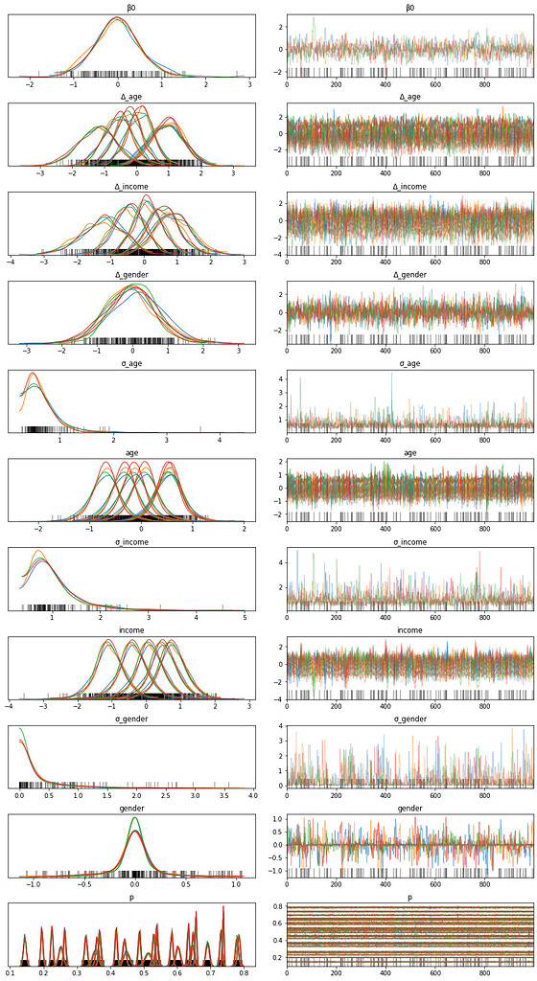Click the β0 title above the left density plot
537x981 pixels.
pyautogui.click(x=131, y=7)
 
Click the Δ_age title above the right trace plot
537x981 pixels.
pyautogui.click(x=410, y=96)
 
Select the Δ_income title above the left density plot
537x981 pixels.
pyautogui.click(x=131, y=185)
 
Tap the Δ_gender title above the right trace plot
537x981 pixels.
pyautogui.click(x=410, y=274)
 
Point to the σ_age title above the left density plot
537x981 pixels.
pyautogui.click(x=131, y=363)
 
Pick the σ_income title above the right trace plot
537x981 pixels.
pyautogui.click(x=410, y=541)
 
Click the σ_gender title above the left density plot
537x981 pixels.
pyautogui.click(x=131, y=719)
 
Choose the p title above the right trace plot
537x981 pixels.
pyautogui.click(x=410, y=898)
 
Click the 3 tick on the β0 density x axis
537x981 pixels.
pyautogui.click(x=249, y=85)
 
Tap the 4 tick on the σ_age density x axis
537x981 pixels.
pyautogui.click(x=220, y=442)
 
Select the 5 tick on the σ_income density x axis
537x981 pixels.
pyautogui.click(x=245, y=620)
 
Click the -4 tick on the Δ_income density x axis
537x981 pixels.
pyautogui.click(x=11, y=263)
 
